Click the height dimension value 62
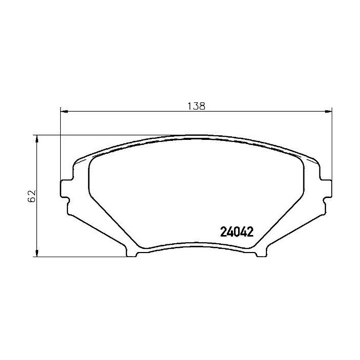coord(32,196)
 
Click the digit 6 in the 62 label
coord(32,200)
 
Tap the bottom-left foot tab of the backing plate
coord(131,251)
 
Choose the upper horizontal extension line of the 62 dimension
coord(103,136)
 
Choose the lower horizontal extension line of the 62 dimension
coord(82,256)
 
